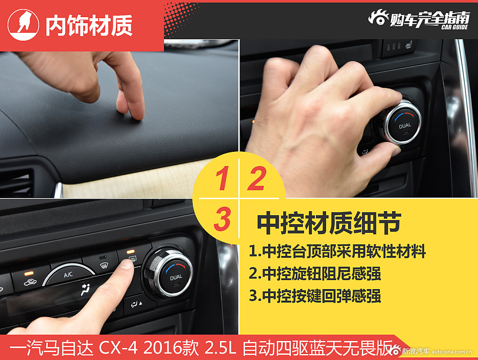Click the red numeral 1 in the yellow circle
click(222, 178)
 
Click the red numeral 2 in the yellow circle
click(257, 178)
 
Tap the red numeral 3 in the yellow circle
click(222, 219)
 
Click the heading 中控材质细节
click(329, 223)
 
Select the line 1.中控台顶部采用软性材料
click(337, 251)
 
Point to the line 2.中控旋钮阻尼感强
click(315, 273)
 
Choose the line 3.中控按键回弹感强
click(315, 296)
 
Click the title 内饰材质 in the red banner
click(89, 26)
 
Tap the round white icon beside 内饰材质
click(23, 25)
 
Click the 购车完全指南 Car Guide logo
click(419, 20)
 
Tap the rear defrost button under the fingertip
click(132, 259)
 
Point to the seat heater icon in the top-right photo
click(409, 46)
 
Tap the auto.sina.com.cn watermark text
click(452, 352)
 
